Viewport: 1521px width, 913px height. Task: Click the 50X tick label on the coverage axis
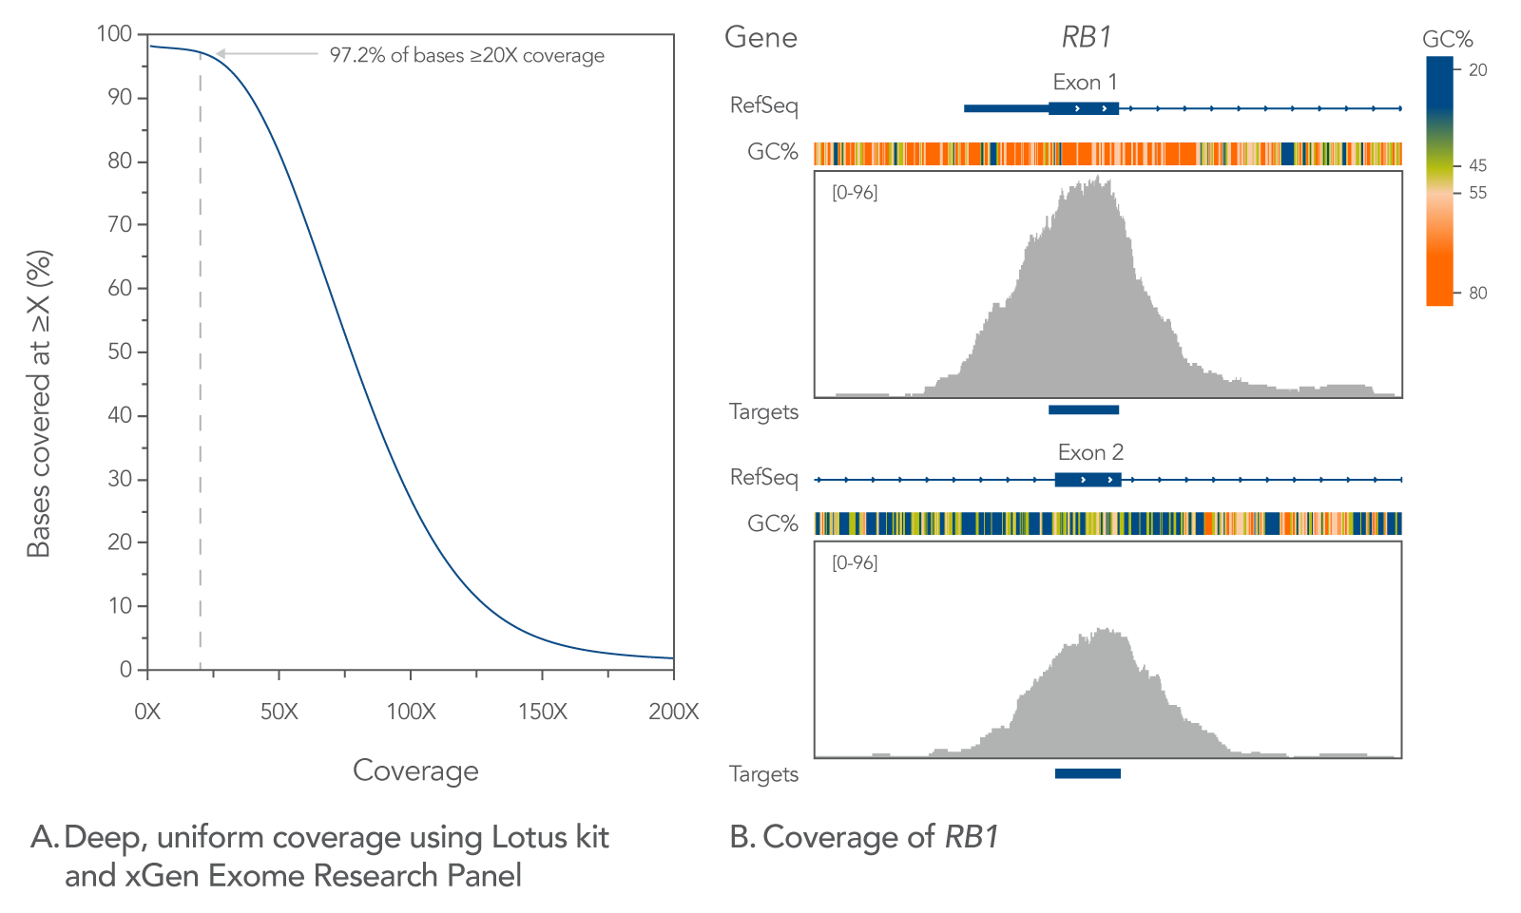pyautogui.click(x=279, y=712)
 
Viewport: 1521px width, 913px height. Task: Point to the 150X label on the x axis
pyautogui.click(x=542, y=712)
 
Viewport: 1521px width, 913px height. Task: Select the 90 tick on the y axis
pyautogui.click(x=120, y=97)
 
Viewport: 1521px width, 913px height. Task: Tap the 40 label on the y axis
pyautogui.click(x=120, y=415)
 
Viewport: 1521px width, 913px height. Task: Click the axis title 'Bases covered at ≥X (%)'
pyautogui.click(x=38, y=404)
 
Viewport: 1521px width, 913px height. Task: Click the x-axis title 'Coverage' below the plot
pyautogui.click(x=415, y=770)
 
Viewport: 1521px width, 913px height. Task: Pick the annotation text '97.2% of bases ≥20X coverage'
pyautogui.click(x=467, y=55)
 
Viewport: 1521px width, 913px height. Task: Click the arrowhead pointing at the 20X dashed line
pyautogui.click(x=220, y=54)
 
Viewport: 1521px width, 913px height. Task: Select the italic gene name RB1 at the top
pyautogui.click(x=1087, y=37)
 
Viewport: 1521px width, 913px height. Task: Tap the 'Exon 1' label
pyautogui.click(x=1085, y=82)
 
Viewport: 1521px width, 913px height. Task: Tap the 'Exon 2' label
pyautogui.click(x=1090, y=452)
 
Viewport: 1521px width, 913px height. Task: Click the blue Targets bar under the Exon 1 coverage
pyautogui.click(x=1083, y=409)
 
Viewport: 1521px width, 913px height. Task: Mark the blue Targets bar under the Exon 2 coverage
pyautogui.click(x=1088, y=773)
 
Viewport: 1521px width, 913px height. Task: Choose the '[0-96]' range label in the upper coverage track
pyautogui.click(x=855, y=193)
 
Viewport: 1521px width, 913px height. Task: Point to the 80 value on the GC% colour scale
pyautogui.click(x=1477, y=293)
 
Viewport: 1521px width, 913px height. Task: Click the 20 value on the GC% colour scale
pyautogui.click(x=1477, y=69)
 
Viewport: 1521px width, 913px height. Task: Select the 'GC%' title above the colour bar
pyautogui.click(x=1447, y=39)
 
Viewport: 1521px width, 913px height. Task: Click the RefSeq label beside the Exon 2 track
pyautogui.click(x=763, y=477)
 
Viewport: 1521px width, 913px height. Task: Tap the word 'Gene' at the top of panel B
pyautogui.click(x=760, y=37)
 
